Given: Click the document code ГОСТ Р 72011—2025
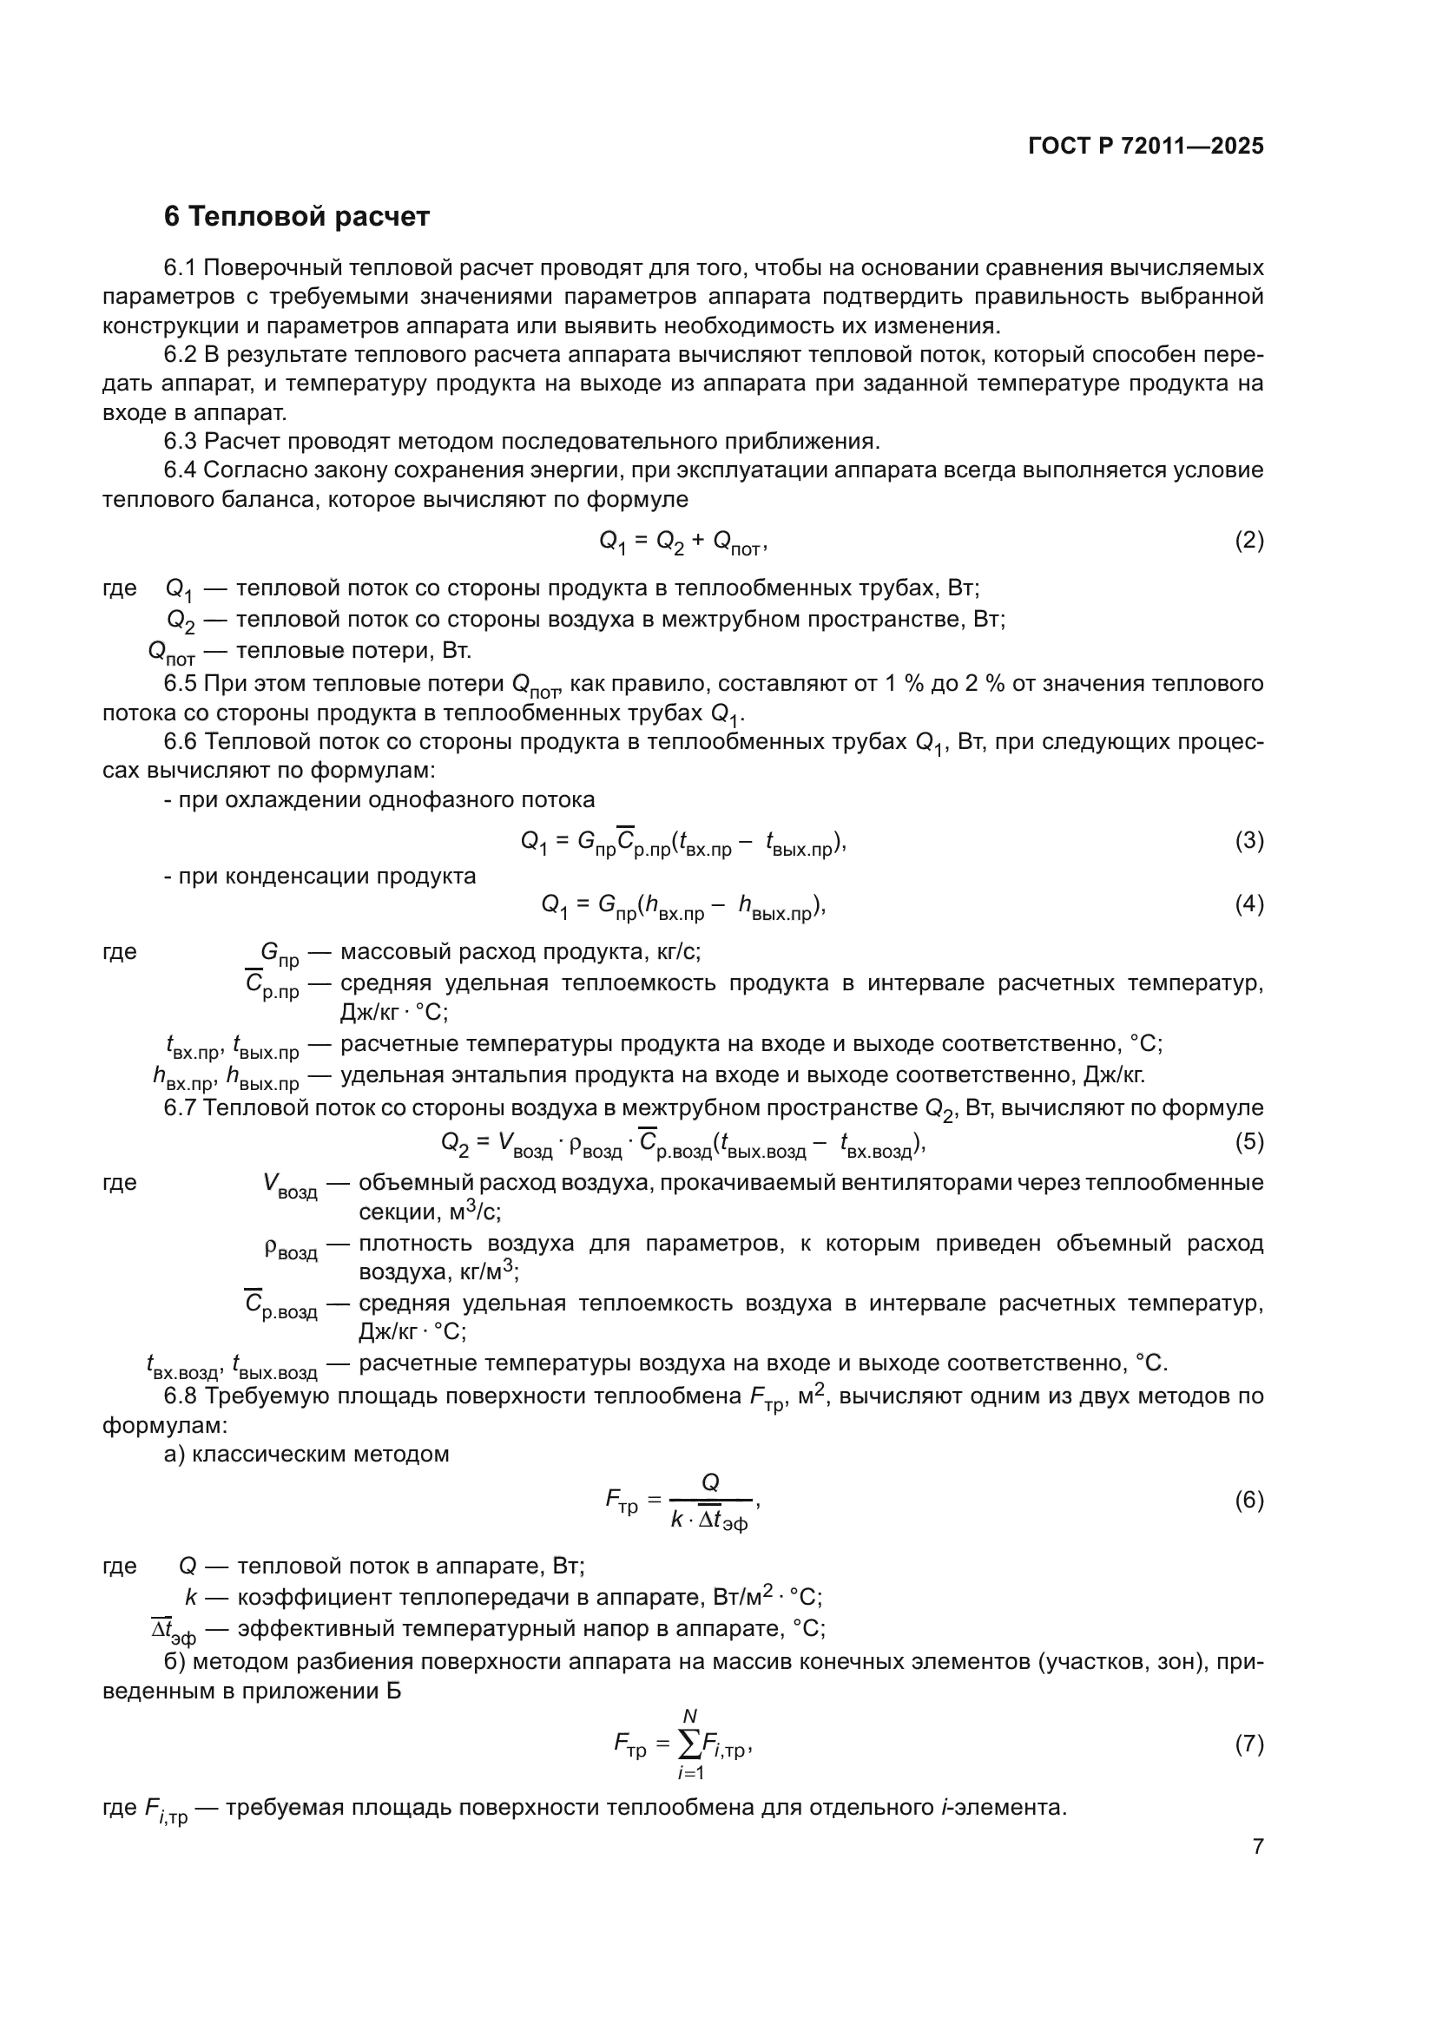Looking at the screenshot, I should coord(1146,146).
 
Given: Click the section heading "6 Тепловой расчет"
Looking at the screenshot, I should coord(296,217).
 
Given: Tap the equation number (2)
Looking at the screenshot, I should coord(1248,540).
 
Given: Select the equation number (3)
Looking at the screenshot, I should coord(1248,841).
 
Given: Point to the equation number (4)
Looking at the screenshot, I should coord(1248,904).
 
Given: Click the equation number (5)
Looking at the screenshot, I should coord(1248,1141).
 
